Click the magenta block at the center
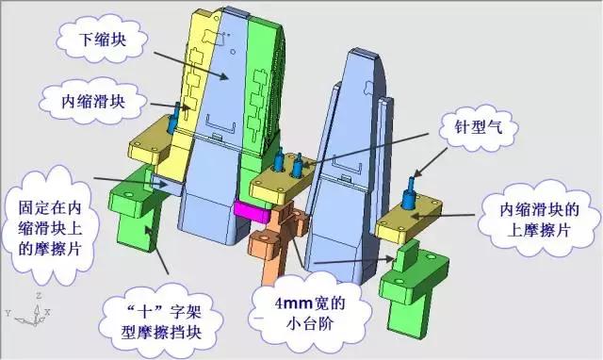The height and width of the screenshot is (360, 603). [252, 211]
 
